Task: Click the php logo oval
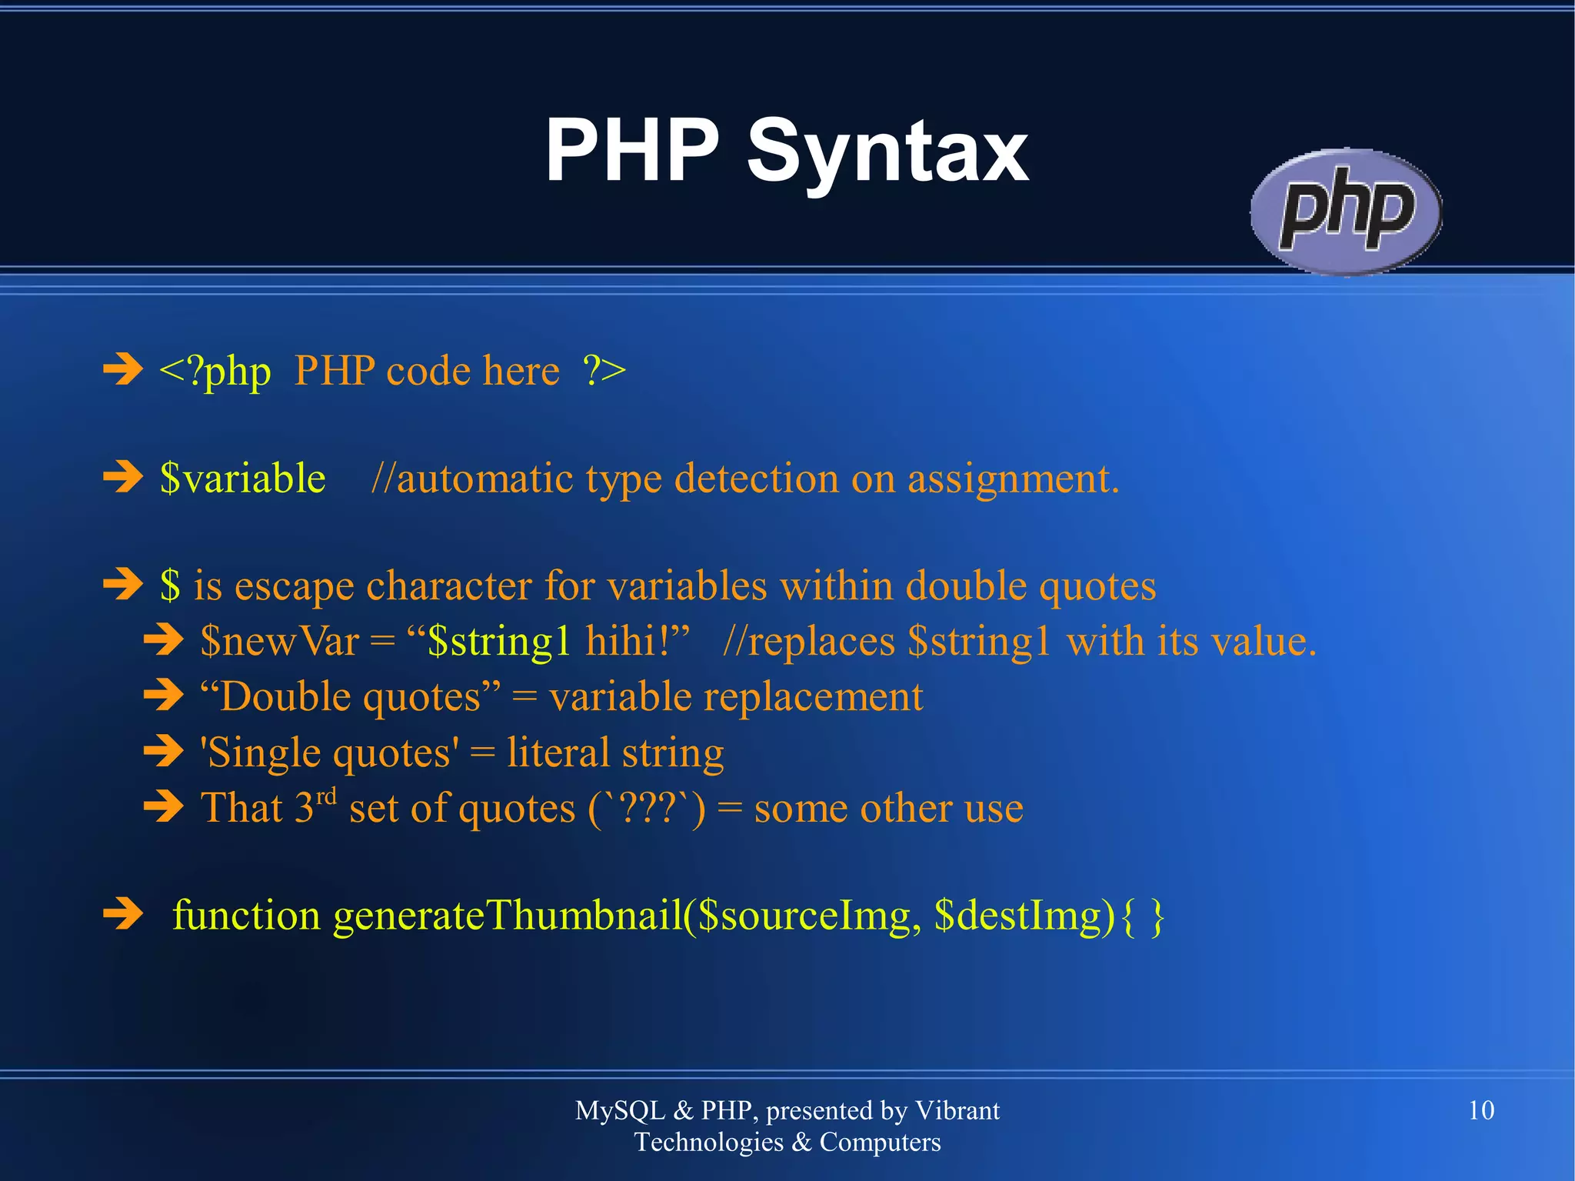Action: point(1346,212)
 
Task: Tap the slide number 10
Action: point(1480,1110)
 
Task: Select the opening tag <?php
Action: point(215,372)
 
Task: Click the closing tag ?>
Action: point(604,370)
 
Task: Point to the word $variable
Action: point(242,479)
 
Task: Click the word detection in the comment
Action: point(756,479)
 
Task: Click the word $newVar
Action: point(279,641)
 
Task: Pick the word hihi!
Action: point(637,641)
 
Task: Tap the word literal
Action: point(558,752)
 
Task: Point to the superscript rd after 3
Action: point(327,795)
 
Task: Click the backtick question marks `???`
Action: point(647,808)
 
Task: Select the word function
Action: point(246,916)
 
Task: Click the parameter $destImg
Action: point(1024,916)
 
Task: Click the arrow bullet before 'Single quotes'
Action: point(164,751)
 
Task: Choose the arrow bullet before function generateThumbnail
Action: point(123,914)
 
